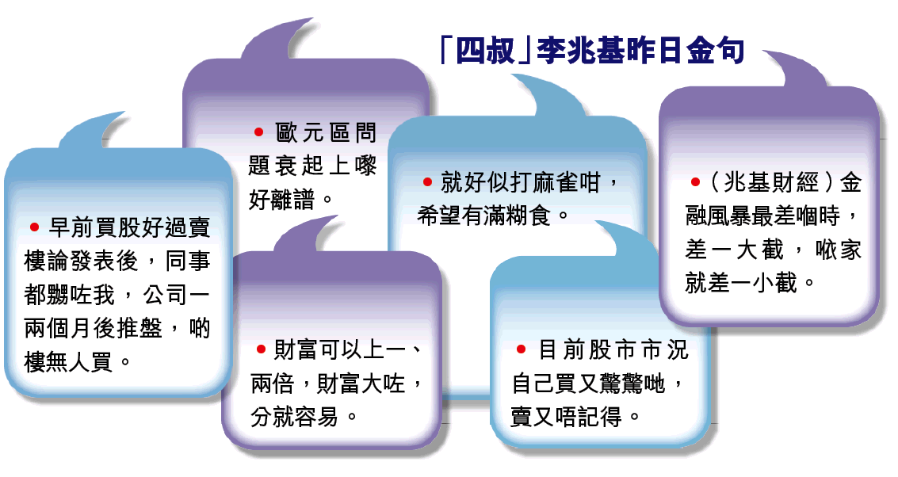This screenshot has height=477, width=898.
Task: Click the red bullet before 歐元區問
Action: tap(259, 132)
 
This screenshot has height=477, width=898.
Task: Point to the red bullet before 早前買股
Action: tap(34, 227)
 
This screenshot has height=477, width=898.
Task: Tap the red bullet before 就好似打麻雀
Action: tap(427, 182)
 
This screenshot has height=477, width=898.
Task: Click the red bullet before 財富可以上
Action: tap(261, 349)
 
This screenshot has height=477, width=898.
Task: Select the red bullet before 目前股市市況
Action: tap(522, 349)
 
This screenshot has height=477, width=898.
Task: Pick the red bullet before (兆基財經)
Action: tap(696, 182)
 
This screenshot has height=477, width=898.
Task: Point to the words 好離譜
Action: tap(282, 200)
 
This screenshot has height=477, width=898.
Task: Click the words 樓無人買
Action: tap(68, 362)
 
